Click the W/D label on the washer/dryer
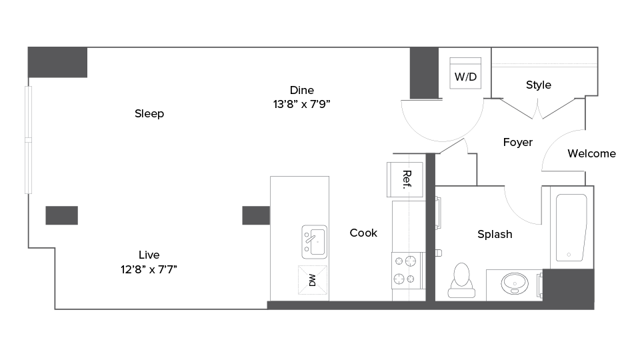(x=465, y=77)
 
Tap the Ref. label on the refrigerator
(x=405, y=179)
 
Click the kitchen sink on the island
(x=314, y=242)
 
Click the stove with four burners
(x=408, y=270)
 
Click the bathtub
(x=571, y=227)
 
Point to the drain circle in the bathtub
(x=569, y=255)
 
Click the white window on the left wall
(x=28, y=140)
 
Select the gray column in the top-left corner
(x=57, y=63)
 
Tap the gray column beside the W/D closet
(x=423, y=73)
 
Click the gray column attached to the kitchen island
(x=256, y=215)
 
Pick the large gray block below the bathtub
(x=568, y=289)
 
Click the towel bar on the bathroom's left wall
(x=439, y=213)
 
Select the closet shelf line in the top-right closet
(x=543, y=64)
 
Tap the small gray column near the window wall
(x=61, y=215)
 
